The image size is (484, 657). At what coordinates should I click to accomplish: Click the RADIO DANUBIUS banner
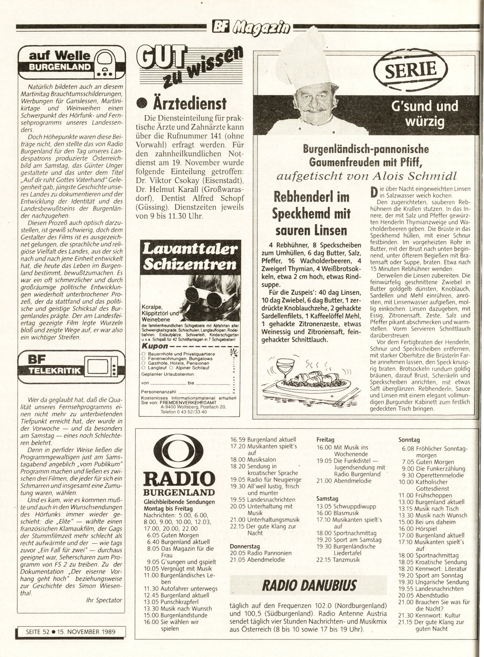[309, 585]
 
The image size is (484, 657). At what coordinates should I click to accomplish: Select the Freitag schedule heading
[325, 440]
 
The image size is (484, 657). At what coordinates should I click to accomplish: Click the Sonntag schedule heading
[409, 440]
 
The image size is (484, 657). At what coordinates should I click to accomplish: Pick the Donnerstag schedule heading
[245, 546]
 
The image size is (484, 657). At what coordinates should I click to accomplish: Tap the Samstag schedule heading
[327, 499]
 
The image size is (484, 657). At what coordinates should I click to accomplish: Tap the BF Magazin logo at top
[252, 26]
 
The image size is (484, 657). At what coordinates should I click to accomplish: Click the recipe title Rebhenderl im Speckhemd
[311, 214]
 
